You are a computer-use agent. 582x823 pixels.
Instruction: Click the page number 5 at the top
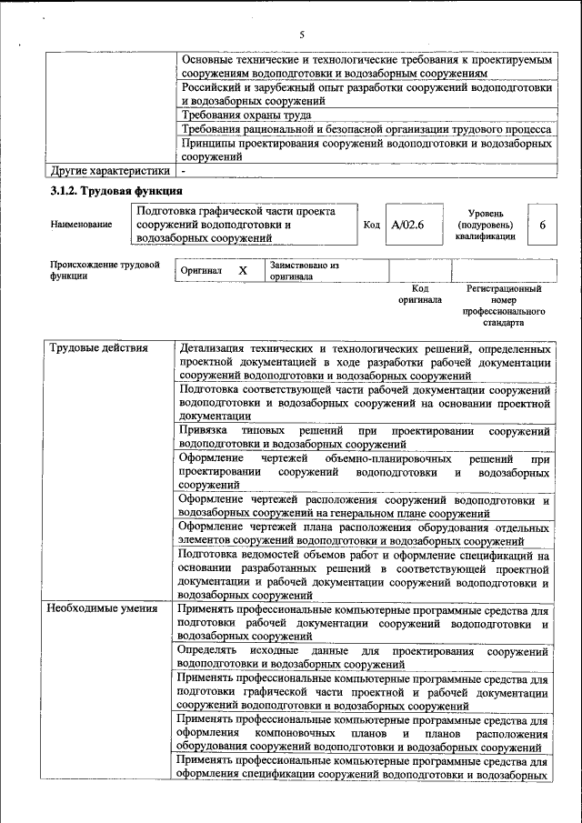pos(301,35)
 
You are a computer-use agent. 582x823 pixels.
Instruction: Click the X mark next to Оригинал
pos(243,271)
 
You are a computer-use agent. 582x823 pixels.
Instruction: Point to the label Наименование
pos(83,224)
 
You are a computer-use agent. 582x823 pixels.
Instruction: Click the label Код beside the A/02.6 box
pos(371,225)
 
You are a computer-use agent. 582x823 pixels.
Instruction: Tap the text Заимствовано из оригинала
pos(304,271)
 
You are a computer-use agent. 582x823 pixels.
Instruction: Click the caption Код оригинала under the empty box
pos(420,294)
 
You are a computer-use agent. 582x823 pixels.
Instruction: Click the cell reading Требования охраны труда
pos(246,115)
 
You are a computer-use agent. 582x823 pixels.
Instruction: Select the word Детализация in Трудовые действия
pos(215,348)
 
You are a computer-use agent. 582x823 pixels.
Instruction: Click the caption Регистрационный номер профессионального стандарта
pos(503,305)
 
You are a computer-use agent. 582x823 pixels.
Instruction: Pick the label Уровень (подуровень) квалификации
pos(485,225)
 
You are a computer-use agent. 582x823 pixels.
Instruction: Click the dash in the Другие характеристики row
pos(183,170)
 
